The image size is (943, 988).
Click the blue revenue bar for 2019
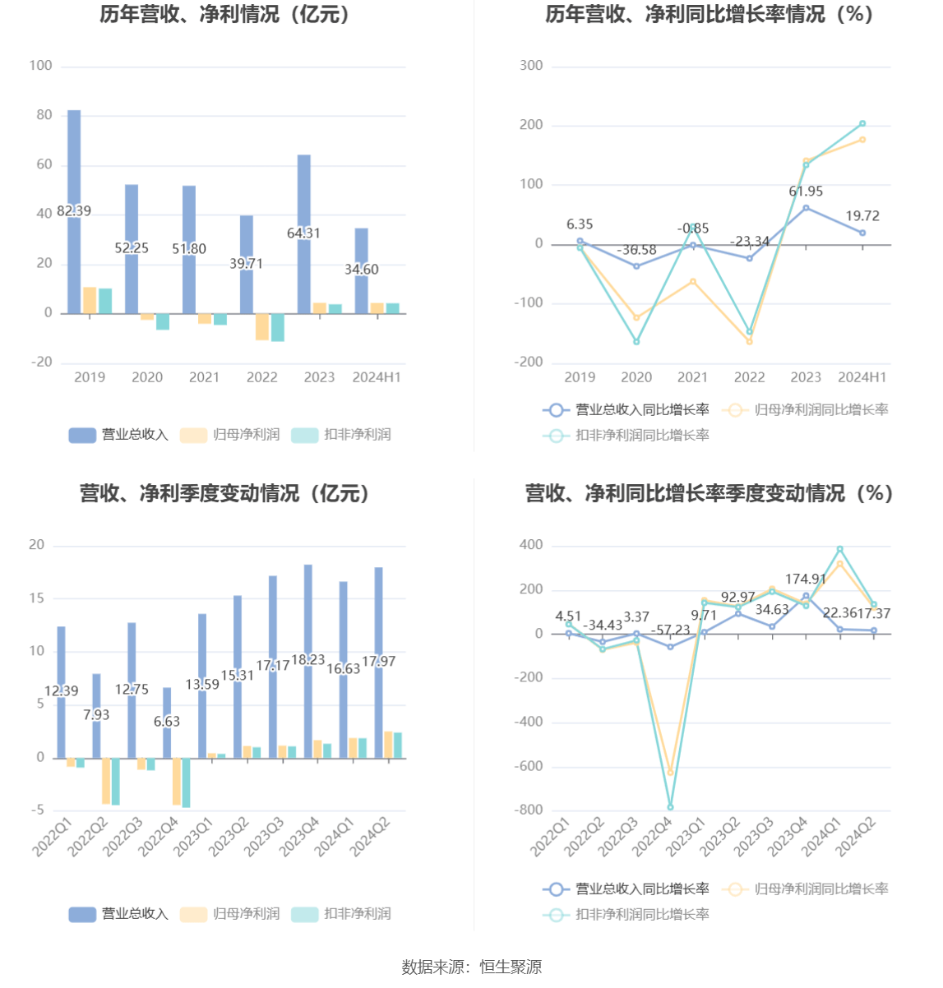(x=74, y=164)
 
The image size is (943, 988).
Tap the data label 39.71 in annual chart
(x=246, y=264)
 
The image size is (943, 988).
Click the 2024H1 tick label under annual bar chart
(x=377, y=377)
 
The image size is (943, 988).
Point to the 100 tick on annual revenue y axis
(x=40, y=66)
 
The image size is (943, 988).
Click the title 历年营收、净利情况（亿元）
(x=227, y=15)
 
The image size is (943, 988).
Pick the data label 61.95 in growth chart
(x=806, y=192)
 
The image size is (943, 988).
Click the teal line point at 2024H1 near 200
(x=862, y=123)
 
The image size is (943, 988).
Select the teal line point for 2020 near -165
(x=636, y=342)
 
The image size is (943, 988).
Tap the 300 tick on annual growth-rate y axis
(x=531, y=66)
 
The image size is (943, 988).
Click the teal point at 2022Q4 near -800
(x=670, y=807)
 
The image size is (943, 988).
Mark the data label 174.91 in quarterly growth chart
(x=806, y=579)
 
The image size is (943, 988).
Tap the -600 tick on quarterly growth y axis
(x=528, y=766)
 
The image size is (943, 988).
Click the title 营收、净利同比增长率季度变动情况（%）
(x=709, y=493)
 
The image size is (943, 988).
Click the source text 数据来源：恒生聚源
(x=472, y=967)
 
